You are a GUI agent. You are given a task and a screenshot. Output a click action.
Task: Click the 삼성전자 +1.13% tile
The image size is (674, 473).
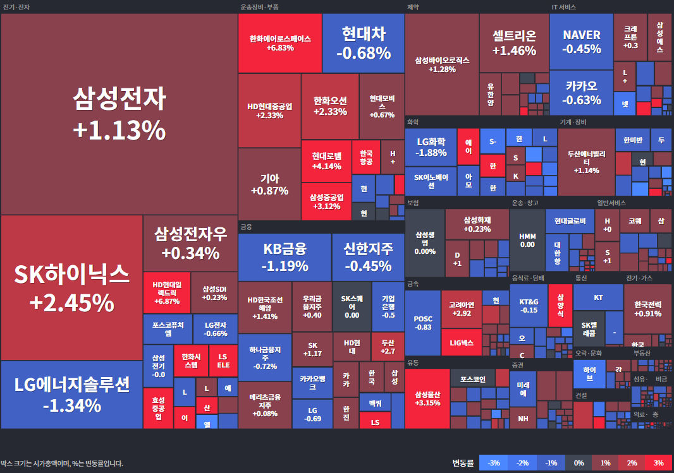click(x=119, y=114)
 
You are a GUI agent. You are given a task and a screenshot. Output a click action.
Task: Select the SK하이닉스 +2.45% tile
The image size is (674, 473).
click(x=71, y=287)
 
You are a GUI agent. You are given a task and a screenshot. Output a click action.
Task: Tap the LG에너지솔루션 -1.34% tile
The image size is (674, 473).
click(x=71, y=394)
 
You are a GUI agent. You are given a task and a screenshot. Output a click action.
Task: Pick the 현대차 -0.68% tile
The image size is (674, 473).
click(x=363, y=43)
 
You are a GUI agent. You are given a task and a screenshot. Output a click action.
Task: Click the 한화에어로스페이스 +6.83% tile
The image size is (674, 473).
click(x=280, y=43)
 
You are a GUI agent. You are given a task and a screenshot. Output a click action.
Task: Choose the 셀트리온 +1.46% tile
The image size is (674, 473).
click(x=513, y=43)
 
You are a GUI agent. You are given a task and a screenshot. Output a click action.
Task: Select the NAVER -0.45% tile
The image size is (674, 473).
click(x=581, y=41)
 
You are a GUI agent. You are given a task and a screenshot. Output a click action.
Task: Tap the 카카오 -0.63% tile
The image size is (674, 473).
click(x=581, y=92)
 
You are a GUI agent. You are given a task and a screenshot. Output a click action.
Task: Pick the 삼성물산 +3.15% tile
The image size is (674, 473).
click(x=427, y=398)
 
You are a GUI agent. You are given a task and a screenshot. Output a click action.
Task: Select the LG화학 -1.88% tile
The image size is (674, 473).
click(x=431, y=147)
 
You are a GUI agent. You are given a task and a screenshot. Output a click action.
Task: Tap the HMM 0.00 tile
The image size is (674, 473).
click(x=527, y=240)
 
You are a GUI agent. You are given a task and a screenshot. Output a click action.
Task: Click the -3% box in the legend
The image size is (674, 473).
click(x=493, y=463)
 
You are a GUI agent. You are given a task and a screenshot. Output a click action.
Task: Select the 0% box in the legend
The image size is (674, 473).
click(x=578, y=463)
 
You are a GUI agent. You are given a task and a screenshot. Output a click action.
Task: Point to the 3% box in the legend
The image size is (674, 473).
click(x=658, y=463)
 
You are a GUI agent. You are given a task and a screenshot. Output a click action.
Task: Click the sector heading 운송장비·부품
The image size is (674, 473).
click(x=259, y=7)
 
